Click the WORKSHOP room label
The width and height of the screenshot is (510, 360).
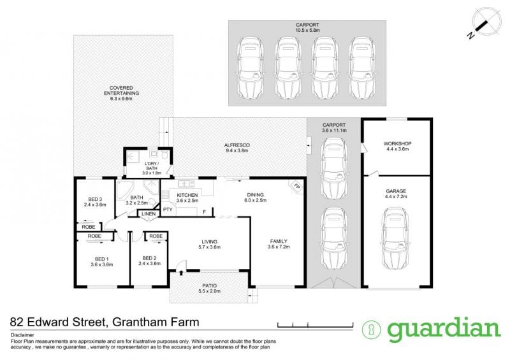397,144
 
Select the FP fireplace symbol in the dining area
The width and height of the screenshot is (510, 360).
296,186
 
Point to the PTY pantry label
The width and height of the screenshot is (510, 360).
168,209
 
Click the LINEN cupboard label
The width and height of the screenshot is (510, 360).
147,213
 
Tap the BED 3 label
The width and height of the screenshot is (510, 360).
94,199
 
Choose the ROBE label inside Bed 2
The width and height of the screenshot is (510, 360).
156,236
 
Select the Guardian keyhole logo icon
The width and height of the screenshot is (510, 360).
370,329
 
